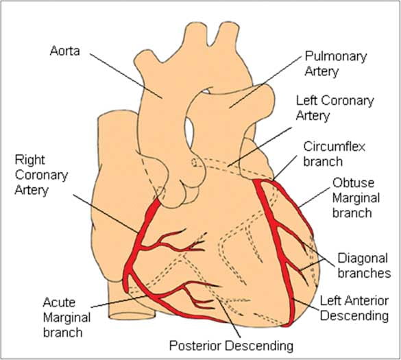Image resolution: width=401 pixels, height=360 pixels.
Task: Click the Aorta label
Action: pos(64,51)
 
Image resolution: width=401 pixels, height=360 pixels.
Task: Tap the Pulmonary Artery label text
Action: pos(336,64)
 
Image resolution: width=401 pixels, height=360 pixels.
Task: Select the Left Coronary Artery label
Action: pos(335,108)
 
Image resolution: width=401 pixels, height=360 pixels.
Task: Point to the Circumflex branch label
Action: pos(334,154)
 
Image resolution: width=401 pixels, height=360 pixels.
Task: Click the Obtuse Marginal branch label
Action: pos(356,197)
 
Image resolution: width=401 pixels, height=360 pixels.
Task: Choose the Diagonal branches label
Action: pos(364,265)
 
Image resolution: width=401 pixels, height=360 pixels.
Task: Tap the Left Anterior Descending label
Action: pos(354,309)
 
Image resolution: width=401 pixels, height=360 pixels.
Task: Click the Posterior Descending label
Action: pos(231,346)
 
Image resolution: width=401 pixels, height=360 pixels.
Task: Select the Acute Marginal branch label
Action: pos(66,317)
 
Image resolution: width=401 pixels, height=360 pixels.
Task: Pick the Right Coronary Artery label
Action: pos(41,176)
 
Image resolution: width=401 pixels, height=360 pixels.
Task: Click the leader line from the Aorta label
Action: pos(125,76)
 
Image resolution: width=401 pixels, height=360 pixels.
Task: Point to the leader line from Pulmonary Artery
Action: pos(265,82)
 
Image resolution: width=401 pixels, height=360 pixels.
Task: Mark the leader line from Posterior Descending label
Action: pos(229,317)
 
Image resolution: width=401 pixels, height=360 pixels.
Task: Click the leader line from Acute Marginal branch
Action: pos(119,302)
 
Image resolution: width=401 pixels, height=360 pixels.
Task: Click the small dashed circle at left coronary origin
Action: pos(195,163)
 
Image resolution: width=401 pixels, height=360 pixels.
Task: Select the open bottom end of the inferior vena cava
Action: pos(132,316)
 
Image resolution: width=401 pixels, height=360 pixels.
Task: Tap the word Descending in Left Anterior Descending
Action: pos(354,315)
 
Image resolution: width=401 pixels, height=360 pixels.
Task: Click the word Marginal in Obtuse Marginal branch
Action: pos(356,198)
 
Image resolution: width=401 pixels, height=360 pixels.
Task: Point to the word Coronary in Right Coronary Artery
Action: pos(41,176)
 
